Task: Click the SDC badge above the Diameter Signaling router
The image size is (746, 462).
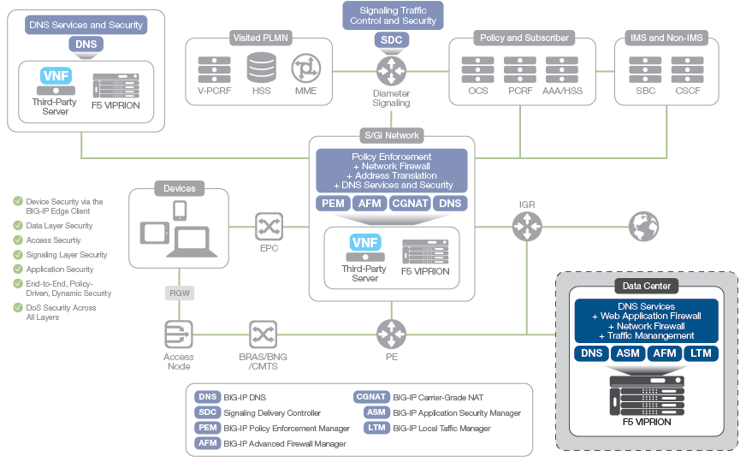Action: tap(392, 40)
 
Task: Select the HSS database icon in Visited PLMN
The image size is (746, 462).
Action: tap(262, 67)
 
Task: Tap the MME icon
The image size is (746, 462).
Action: tap(305, 67)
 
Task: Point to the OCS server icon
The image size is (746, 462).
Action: tap(478, 68)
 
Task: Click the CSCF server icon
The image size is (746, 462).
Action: tap(687, 68)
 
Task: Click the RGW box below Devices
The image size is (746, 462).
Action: tap(179, 293)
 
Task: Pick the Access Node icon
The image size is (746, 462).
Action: tap(179, 334)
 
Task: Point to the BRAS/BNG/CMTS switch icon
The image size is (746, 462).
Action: tap(263, 334)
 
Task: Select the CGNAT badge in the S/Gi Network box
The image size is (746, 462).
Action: tap(410, 204)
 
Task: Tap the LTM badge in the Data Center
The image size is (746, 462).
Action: tap(701, 353)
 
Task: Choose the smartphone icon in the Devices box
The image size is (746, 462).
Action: tap(180, 210)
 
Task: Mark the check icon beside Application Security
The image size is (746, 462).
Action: tap(18, 269)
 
